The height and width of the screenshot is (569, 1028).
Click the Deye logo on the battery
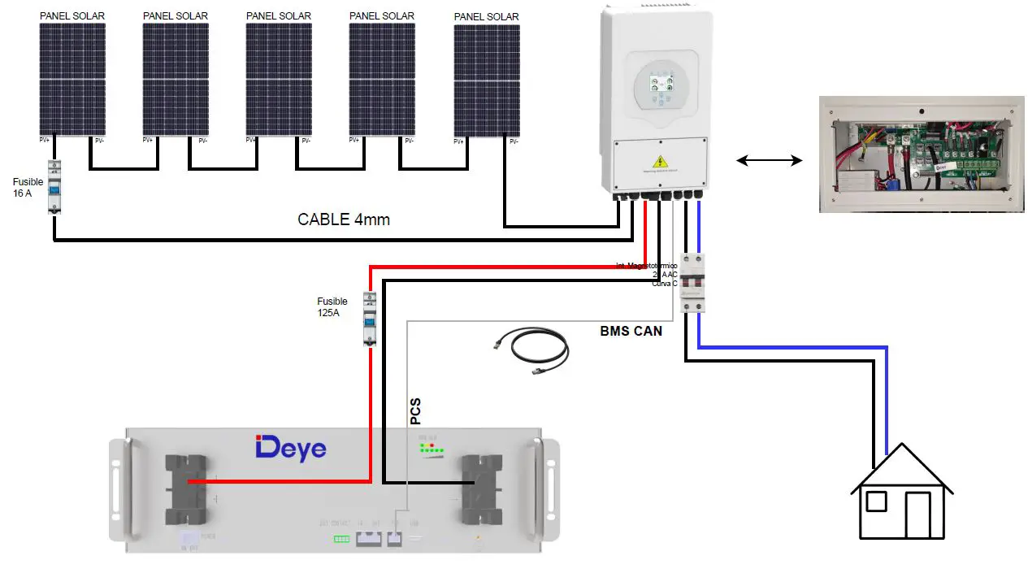[291, 448]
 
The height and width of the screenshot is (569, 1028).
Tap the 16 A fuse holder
[54, 187]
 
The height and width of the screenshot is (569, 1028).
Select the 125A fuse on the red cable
[369, 319]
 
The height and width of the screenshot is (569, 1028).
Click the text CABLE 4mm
[344, 219]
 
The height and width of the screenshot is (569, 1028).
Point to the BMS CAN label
[631, 331]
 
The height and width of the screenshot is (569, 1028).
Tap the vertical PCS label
[416, 411]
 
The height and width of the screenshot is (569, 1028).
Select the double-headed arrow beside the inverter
[769, 161]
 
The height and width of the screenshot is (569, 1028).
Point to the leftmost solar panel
[72, 79]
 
